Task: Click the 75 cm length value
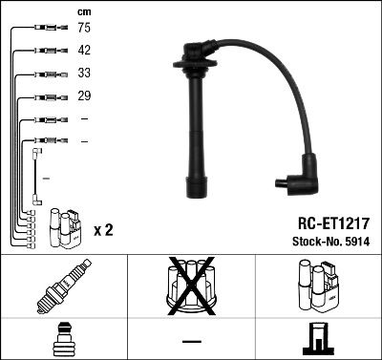[84, 28]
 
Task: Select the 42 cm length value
[84, 50]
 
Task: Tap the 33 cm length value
[84, 73]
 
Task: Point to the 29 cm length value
[84, 95]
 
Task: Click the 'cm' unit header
[84, 12]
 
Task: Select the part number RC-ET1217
[333, 223]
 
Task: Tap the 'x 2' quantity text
[103, 230]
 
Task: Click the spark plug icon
[64, 286]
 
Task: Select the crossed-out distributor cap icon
[191, 286]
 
